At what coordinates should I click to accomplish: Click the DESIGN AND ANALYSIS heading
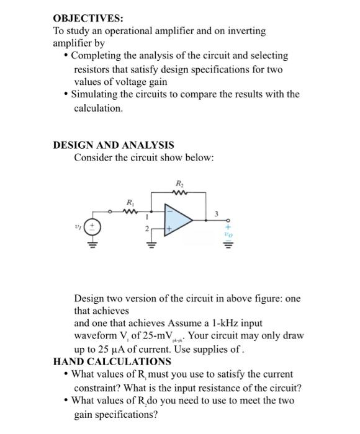(114, 145)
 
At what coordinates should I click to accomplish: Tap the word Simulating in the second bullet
(96, 94)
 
